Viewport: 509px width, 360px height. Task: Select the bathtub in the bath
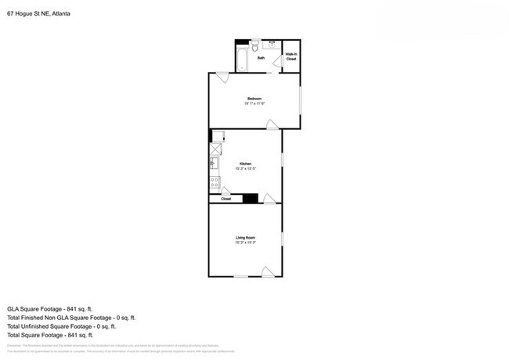(x=242, y=59)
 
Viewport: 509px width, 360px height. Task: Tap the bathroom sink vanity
(x=273, y=45)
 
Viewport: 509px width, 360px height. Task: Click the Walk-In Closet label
(x=291, y=56)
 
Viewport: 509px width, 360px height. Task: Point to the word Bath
(x=261, y=58)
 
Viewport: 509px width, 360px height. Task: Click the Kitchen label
(x=245, y=164)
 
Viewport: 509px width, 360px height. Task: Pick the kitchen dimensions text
(x=245, y=169)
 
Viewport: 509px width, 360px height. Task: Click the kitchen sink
(x=213, y=163)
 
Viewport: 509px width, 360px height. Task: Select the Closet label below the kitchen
(x=226, y=200)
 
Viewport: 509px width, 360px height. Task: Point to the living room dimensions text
(x=245, y=243)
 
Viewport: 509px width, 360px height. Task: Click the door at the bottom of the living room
(x=266, y=272)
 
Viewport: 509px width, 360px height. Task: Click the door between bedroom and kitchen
(x=271, y=124)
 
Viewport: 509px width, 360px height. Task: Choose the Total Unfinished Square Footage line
(x=61, y=326)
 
